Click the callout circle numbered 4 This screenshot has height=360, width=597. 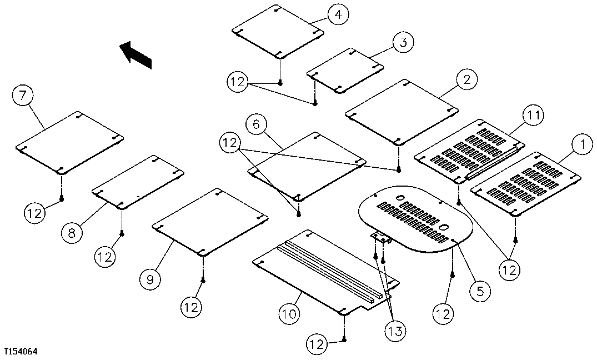(338, 15)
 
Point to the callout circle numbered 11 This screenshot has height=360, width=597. (533, 116)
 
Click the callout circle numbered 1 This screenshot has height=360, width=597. (582, 146)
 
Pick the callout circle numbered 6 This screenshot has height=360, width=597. (256, 125)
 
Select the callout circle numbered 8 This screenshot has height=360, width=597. (72, 233)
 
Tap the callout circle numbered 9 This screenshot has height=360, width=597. (149, 279)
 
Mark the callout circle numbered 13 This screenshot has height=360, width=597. (395, 332)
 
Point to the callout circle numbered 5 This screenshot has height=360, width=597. (480, 290)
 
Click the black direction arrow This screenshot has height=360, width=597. (136, 54)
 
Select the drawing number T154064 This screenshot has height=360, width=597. (21, 352)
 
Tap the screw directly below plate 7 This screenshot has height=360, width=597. (62, 198)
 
